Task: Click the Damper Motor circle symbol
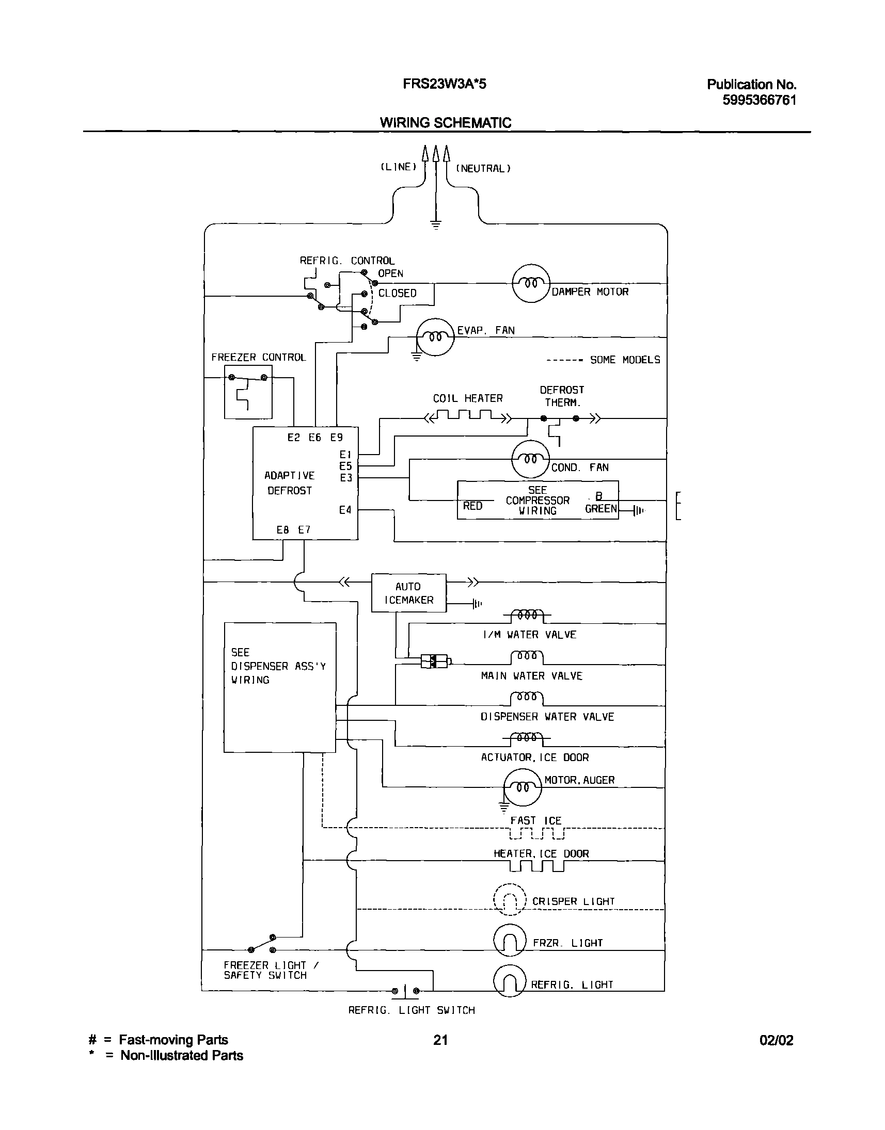pyautogui.click(x=531, y=283)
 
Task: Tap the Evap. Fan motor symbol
pyautogui.click(x=435, y=336)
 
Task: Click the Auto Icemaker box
pyautogui.click(x=408, y=593)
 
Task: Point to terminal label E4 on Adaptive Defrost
pyautogui.click(x=345, y=510)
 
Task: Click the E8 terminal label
pyautogui.click(x=282, y=529)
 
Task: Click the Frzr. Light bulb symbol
pyautogui.click(x=509, y=940)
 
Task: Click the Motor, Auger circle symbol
pyautogui.click(x=523, y=787)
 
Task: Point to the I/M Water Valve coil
pyautogui.click(x=527, y=616)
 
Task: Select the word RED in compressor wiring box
pyautogui.click(x=472, y=506)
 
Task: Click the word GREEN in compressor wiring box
pyautogui.click(x=600, y=509)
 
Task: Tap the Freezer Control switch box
pyautogui.click(x=248, y=392)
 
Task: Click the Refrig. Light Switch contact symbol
pyautogui.click(x=405, y=991)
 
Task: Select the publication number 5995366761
pyautogui.click(x=758, y=100)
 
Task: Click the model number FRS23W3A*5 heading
pyautogui.click(x=444, y=84)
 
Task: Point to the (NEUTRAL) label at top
pyautogui.click(x=483, y=168)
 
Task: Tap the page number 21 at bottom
pyautogui.click(x=440, y=1040)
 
